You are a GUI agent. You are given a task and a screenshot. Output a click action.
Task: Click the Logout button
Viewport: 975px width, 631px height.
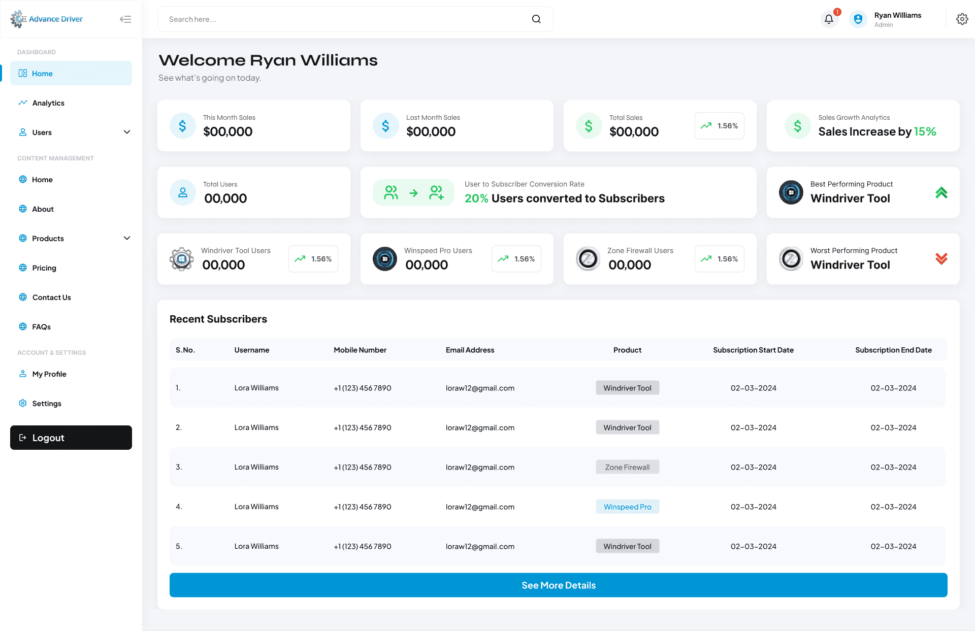pyautogui.click(x=71, y=438)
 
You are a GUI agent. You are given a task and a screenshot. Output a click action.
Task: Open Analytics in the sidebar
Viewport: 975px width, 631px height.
pyautogui.click(x=48, y=103)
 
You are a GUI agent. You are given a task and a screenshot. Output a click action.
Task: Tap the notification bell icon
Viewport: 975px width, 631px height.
pyautogui.click(x=829, y=19)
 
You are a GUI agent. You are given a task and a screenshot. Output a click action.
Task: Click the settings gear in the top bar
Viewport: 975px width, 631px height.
pyautogui.click(x=962, y=19)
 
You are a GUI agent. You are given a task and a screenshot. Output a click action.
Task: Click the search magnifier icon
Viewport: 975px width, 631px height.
pyautogui.click(x=536, y=19)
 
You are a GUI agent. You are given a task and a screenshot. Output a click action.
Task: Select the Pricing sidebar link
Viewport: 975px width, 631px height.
pyautogui.click(x=44, y=268)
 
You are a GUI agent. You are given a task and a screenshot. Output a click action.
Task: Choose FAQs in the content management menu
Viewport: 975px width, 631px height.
pyautogui.click(x=41, y=327)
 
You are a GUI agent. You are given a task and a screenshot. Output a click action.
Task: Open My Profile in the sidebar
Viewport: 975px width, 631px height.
pyautogui.click(x=49, y=374)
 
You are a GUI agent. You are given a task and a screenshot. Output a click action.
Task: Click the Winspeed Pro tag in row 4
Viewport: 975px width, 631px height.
pyautogui.click(x=628, y=507)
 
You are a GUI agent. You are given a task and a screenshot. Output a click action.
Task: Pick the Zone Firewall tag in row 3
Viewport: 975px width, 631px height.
pyautogui.click(x=628, y=467)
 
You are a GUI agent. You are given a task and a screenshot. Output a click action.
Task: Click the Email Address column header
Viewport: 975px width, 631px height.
pyautogui.click(x=470, y=350)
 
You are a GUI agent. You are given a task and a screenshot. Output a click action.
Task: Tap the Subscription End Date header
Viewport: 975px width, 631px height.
pyautogui.click(x=893, y=350)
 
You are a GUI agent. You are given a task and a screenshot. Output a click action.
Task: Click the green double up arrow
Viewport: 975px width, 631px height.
pyautogui.click(x=941, y=193)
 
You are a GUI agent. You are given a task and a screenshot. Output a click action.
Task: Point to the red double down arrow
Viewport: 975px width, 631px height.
pyautogui.click(x=941, y=259)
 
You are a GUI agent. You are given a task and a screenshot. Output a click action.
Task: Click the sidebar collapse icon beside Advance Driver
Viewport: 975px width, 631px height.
pyautogui.click(x=125, y=19)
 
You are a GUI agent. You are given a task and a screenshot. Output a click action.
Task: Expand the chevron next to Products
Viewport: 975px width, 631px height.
pyautogui.click(x=127, y=238)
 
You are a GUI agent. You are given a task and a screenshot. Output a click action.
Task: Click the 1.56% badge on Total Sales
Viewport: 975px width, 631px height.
pyautogui.click(x=720, y=126)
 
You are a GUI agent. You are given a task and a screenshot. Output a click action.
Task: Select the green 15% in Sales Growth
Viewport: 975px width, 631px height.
pyautogui.click(x=925, y=131)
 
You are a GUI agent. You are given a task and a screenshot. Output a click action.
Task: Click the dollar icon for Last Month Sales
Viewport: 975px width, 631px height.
pyautogui.click(x=386, y=125)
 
